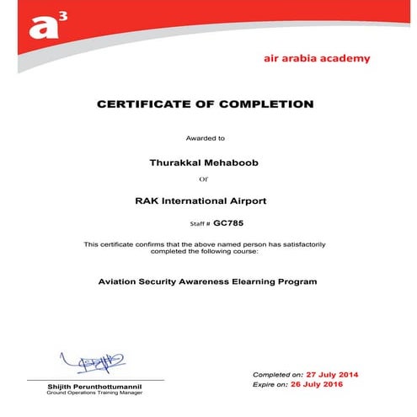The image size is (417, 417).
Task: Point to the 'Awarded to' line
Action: click(206, 137)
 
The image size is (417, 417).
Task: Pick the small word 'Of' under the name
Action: click(202, 179)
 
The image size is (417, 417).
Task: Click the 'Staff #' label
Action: click(200, 224)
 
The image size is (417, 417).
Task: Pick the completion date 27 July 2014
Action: click(334, 373)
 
